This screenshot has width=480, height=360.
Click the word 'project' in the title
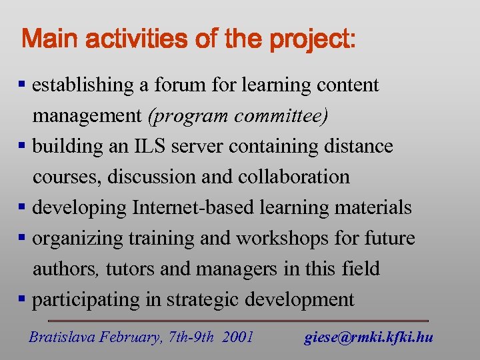click(309, 39)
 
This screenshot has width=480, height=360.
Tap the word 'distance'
click(359, 146)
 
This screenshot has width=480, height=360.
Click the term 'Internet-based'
click(193, 207)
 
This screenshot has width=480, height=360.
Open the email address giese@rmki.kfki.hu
click(369, 337)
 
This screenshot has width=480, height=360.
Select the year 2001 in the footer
click(238, 337)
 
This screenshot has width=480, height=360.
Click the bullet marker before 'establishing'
click(23, 85)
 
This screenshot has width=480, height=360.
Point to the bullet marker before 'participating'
click(23, 299)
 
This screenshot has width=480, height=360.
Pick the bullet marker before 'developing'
click(23, 207)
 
